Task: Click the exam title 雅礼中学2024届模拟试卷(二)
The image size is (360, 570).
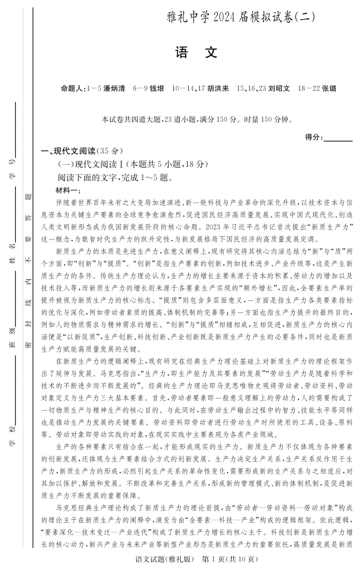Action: click(240, 16)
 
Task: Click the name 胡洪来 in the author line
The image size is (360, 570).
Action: click(218, 89)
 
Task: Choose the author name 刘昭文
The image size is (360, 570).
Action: click(279, 89)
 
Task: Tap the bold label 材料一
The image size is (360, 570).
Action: click(67, 190)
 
